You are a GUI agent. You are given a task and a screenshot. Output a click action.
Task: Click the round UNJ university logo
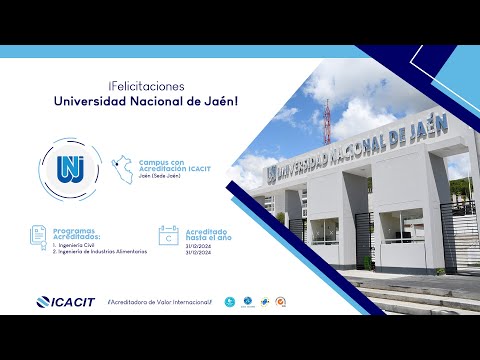pos(70,164)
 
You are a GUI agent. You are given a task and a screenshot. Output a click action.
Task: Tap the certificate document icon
pos(39,236)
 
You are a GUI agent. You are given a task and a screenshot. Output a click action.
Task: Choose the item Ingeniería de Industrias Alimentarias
pos(101,252)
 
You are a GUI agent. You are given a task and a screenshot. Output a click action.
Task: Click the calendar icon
pos(168,236)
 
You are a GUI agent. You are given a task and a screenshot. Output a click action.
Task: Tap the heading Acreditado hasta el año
pos(210,232)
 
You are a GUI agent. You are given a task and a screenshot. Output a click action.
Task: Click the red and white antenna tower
pos(319,114)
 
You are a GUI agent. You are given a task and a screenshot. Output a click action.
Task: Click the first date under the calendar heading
pos(198,245)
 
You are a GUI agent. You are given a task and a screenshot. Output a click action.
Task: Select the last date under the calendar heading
pos(198,252)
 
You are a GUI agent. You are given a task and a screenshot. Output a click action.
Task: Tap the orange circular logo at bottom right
pos(281,302)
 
